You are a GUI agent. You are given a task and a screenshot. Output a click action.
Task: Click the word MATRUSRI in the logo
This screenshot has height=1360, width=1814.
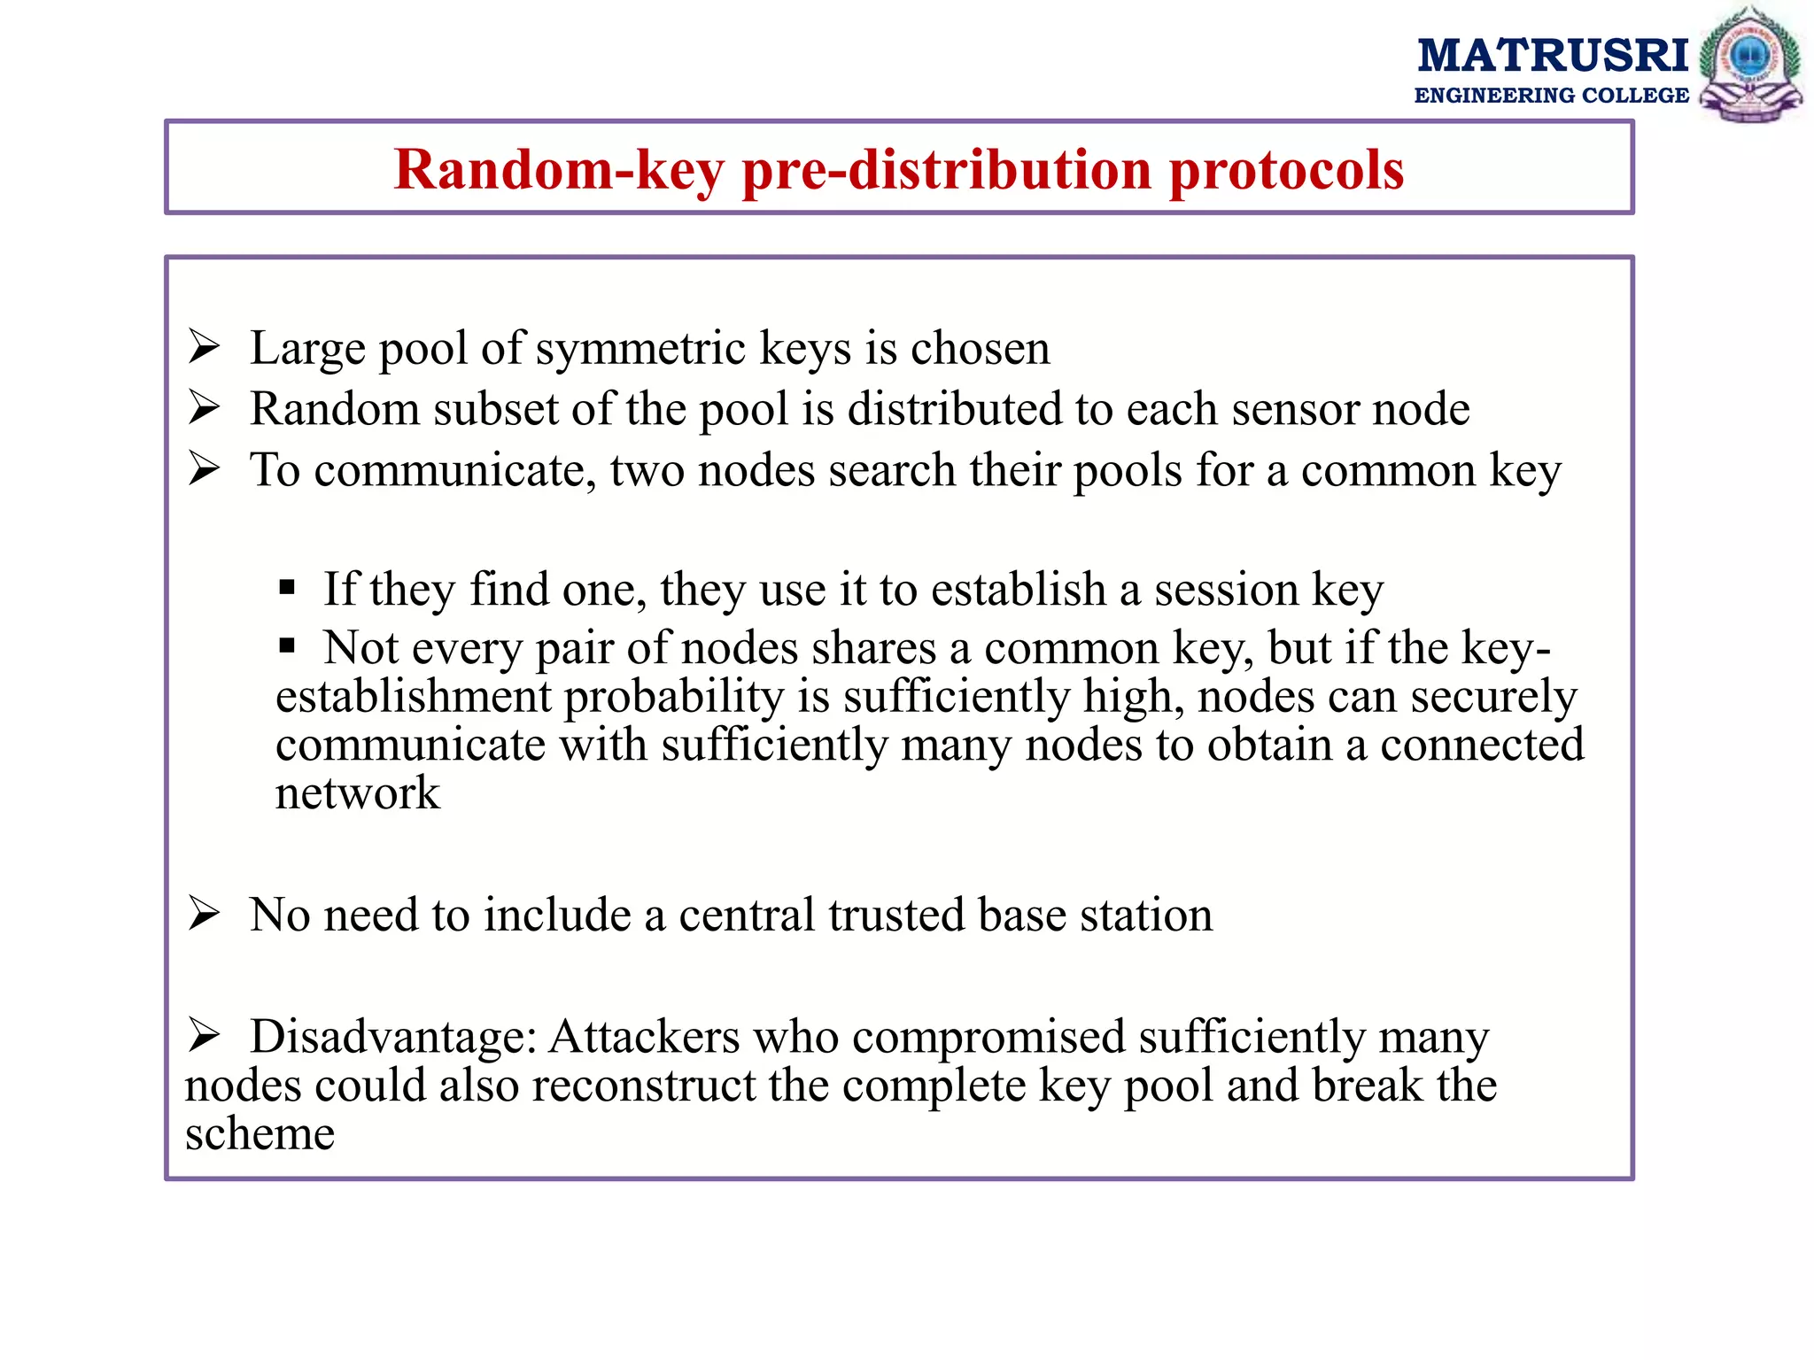click(x=1553, y=55)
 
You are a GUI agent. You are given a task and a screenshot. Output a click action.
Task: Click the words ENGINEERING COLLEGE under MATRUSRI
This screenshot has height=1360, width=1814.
click(x=1551, y=96)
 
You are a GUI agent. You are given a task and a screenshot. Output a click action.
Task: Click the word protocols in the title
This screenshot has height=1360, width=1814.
click(x=1286, y=170)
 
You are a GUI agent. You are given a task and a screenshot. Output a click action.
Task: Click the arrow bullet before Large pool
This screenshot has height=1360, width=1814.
click(x=204, y=347)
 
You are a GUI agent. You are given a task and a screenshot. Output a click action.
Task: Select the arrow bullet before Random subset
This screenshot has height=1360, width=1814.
click(x=204, y=408)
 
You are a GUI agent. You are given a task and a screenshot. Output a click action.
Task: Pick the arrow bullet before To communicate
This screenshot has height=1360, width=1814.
click(x=204, y=469)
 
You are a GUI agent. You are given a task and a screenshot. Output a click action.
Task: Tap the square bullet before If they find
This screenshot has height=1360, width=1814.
click(x=286, y=587)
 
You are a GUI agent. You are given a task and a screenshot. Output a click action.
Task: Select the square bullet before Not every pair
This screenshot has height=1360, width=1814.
click(x=286, y=645)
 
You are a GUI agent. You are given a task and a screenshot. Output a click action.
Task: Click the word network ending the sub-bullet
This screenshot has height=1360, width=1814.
click(x=357, y=793)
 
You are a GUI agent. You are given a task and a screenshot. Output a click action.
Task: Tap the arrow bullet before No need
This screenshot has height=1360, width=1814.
click(x=204, y=914)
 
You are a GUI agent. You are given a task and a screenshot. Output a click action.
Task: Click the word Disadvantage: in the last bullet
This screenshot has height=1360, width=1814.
click(x=393, y=1037)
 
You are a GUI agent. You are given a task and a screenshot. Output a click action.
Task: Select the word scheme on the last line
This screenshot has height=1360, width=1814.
click(x=260, y=1134)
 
